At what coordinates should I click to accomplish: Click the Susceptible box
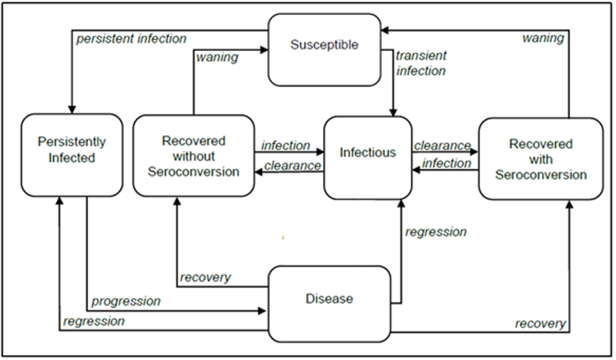(x=324, y=50)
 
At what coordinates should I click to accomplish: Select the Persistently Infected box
(x=72, y=155)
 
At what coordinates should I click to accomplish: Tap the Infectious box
(x=368, y=158)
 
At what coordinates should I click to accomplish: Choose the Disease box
(x=329, y=304)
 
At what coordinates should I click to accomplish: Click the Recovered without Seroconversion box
(x=194, y=156)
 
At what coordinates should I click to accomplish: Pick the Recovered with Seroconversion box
(x=541, y=159)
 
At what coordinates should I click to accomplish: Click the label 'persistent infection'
(x=132, y=39)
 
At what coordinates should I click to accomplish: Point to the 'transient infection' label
(x=421, y=63)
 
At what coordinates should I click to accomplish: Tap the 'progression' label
(x=126, y=301)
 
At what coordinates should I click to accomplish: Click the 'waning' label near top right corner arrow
(x=543, y=38)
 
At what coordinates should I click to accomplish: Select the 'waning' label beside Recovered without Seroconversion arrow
(x=217, y=57)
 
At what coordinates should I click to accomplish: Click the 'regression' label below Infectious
(x=436, y=232)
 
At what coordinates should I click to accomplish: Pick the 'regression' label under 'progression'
(x=94, y=321)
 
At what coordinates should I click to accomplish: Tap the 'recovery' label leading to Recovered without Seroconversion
(x=205, y=278)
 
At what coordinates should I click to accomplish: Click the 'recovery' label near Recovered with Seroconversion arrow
(x=540, y=324)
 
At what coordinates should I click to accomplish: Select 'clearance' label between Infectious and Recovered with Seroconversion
(x=442, y=146)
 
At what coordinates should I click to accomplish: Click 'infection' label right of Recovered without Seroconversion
(x=286, y=146)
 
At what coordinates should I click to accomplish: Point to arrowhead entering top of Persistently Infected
(x=72, y=110)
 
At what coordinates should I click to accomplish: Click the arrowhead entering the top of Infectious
(x=393, y=113)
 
